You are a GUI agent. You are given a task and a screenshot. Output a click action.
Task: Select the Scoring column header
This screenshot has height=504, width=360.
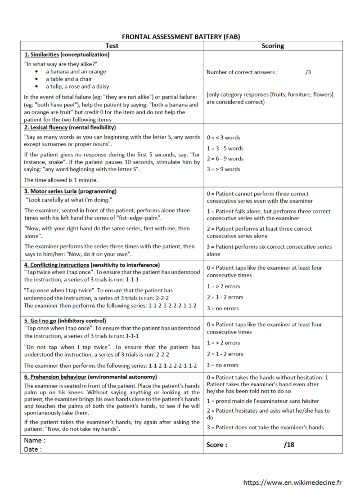click(273, 45)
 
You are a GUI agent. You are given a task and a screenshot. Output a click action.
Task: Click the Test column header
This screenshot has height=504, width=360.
click(112, 45)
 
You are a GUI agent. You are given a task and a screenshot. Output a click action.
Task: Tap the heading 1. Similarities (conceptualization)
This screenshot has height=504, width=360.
click(67, 54)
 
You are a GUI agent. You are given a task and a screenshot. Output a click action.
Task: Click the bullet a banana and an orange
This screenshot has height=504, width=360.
click(76, 71)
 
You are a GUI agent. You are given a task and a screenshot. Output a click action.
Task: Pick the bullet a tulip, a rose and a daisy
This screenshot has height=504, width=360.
click(77, 86)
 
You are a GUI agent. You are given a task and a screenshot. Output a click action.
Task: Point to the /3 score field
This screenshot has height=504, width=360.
click(308, 72)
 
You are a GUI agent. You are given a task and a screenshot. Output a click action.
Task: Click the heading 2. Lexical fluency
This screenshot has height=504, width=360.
click(70, 128)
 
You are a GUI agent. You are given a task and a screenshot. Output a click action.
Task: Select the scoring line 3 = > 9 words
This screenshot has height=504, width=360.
click(223, 169)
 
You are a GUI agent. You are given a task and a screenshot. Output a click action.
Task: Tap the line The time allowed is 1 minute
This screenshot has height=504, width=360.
click(61, 180)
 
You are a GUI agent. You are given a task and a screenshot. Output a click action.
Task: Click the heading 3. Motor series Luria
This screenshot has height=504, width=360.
click(70, 191)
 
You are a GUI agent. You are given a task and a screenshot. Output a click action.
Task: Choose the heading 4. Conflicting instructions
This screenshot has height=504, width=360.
click(92, 265)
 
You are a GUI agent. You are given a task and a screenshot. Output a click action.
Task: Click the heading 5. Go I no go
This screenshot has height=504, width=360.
click(65, 321)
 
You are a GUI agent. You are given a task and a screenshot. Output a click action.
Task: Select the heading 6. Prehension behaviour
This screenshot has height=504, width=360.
click(90, 377)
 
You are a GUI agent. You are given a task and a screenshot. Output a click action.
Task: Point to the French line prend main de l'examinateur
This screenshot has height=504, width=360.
click(263, 401)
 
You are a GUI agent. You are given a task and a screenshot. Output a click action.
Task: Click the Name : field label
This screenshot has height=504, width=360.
click(35, 441)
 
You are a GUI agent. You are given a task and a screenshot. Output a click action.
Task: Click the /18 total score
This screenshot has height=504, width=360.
click(289, 445)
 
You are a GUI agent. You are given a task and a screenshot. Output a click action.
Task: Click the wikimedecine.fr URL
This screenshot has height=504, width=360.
click(292, 482)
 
